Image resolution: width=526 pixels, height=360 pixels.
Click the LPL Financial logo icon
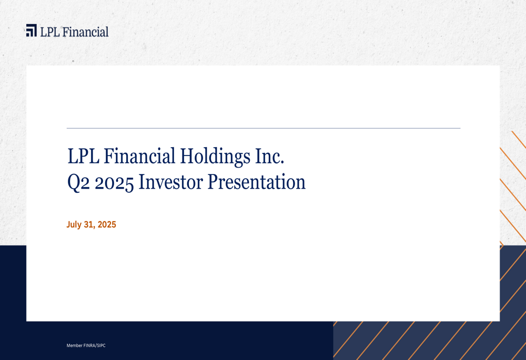pos(32,30)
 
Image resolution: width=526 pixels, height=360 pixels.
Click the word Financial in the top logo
pos(85,32)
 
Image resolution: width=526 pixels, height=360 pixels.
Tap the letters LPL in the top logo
pos(50,32)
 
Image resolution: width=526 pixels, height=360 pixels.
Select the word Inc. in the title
pos(271,156)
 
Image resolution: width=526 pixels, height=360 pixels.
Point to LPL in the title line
pos(84,156)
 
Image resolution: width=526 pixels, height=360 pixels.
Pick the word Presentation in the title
pos(257,182)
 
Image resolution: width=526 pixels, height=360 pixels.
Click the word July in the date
pos(74,224)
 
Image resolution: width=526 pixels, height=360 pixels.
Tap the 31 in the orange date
pos(88,224)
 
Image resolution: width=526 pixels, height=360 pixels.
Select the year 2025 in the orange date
pos(107,224)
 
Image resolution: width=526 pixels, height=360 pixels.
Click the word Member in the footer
pos(74,345)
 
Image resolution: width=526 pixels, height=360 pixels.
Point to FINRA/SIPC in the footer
pos(95,345)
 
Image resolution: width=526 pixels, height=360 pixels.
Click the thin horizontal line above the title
pos(263,128)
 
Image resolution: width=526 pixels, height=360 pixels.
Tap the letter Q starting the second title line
pos(74,183)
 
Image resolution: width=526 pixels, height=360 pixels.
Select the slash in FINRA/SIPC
pos(96,345)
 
